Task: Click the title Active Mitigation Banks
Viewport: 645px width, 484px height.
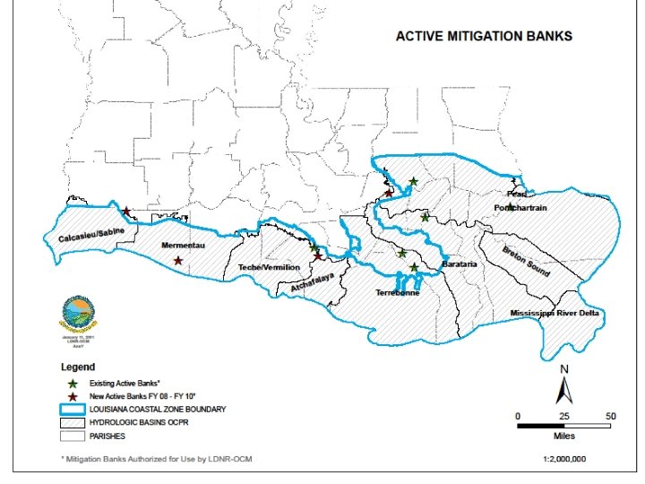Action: (484, 37)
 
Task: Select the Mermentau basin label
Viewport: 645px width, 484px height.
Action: (185, 245)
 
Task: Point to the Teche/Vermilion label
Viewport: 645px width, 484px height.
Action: (269, 267)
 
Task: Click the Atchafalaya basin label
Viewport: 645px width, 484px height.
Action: (313, 282)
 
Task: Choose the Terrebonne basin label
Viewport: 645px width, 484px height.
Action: (397, 292)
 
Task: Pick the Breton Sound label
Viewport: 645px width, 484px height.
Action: (525, 261)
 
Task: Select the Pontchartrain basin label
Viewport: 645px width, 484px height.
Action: (520, 208)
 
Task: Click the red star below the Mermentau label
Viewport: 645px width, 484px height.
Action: (178, 261)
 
